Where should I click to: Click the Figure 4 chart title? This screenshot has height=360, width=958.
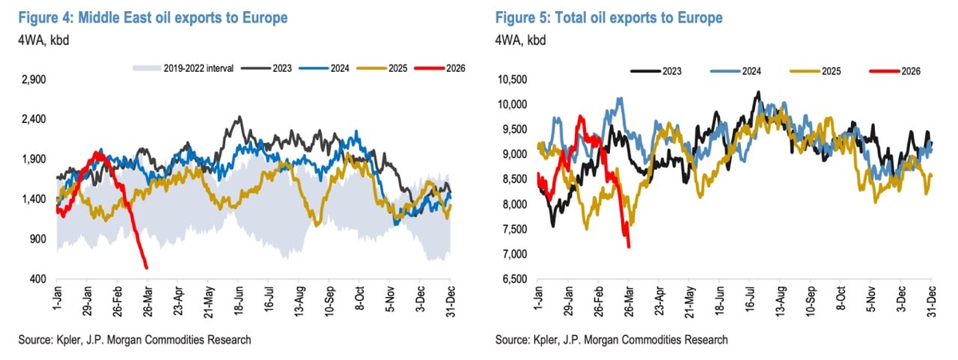[151, 17]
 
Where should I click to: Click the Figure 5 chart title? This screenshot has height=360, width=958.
[609, 17]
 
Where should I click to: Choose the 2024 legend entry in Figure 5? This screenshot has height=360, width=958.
[746, 71]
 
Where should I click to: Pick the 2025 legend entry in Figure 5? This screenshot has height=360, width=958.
[826, 71]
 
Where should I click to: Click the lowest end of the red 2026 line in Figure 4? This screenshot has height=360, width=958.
[146, 267]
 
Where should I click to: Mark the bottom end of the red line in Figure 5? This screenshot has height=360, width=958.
[629, 247]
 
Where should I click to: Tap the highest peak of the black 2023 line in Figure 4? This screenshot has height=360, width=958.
[238, 117]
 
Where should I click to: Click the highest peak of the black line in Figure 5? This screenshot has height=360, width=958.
[758, 92]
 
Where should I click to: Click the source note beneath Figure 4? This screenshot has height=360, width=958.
[134, 340]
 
